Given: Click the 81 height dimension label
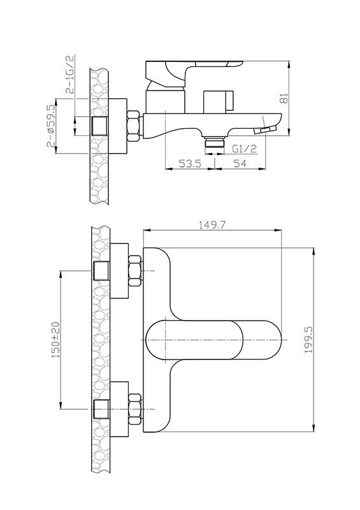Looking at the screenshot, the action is coord(284,98).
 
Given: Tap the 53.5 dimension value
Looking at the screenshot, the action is coord(191,163).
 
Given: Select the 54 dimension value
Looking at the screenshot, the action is coord(240,163).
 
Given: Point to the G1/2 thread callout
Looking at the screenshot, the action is coord(245,149).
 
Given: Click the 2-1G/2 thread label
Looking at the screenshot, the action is coord(70,75).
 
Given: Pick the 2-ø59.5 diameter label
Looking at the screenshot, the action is coord(51,126).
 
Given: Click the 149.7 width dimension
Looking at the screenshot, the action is coord(212,225).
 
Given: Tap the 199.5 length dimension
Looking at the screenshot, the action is coord(308,340).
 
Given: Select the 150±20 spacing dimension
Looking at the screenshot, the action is coord(56,340).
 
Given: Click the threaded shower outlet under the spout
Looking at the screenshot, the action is coord(215,142).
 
